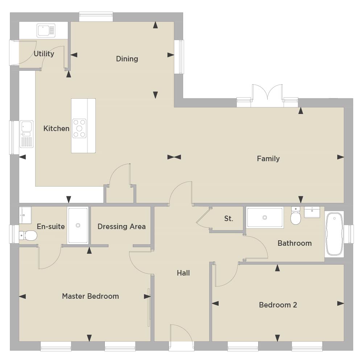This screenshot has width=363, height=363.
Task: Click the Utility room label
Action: [x=44, y=54]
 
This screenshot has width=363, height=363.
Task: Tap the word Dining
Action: [x=127, y=59]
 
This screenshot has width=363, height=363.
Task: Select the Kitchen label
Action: [x=56, y=129]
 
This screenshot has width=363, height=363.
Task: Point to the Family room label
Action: [x=268, y=159]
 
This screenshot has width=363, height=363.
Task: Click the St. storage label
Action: [x=228, y=219]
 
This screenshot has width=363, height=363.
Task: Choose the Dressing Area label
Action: [x=121, y=227]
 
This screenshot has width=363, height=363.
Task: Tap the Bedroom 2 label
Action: [x=278, y=305]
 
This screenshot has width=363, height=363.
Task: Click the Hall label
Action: [x=183, y=273]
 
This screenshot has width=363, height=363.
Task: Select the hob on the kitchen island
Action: [x=79, y=129]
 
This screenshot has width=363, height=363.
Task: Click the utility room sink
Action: [x=46, y=30]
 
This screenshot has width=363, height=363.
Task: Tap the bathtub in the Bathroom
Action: [x=334, y=234]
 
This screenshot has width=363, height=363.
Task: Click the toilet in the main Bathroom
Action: [x=296, y=216]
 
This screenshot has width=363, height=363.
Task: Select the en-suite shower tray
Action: [x=78, y=225]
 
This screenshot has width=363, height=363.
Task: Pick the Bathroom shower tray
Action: [x=265, y=217]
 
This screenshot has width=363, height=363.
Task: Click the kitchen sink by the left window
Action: [x=26, y=134]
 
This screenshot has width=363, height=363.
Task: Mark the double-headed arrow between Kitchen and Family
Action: [x=174, y=157]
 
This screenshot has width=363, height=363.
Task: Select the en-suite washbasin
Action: [x=25, y=215]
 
